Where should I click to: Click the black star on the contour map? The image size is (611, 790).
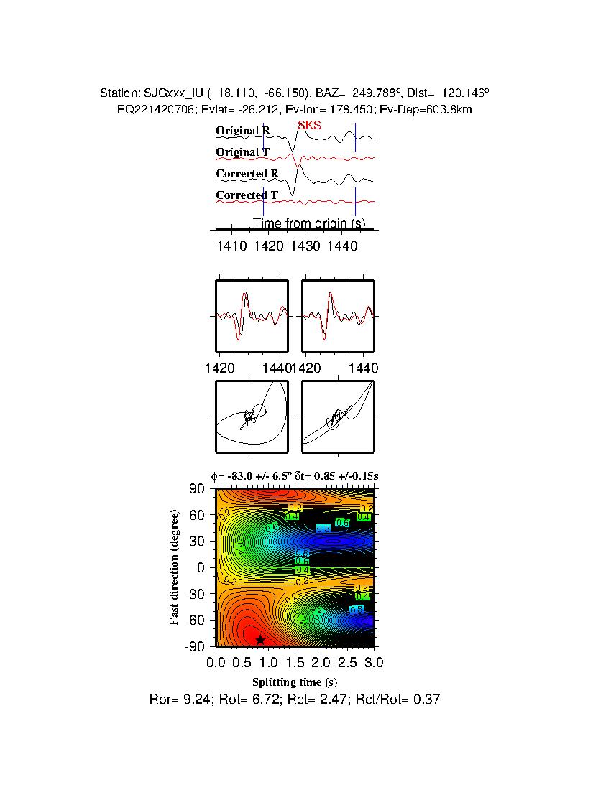pos(260,639)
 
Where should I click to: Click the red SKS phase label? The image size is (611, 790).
pos(310,126)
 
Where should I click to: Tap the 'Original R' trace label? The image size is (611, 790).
pos(243,131)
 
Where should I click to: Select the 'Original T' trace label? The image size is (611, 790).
pos(243,152)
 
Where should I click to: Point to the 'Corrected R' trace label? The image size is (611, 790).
pos(247,174)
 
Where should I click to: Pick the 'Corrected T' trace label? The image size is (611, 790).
pos(247,195)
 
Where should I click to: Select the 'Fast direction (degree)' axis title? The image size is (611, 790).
pos(174,567)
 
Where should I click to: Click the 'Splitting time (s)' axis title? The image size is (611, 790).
pos(295,682)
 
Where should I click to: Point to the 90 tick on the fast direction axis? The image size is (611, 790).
pos(198,489)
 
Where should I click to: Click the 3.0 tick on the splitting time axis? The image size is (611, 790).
pos(366,661)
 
